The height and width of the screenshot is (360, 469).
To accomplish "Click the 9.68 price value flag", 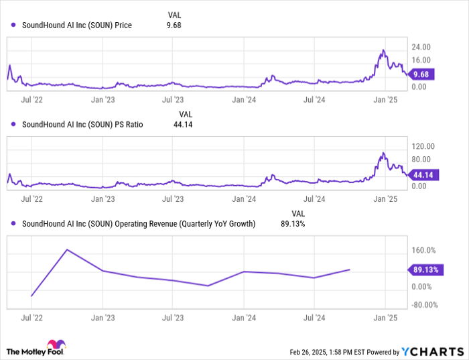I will tap(423, 74).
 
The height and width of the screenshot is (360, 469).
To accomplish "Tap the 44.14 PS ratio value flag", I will tap(423, 174).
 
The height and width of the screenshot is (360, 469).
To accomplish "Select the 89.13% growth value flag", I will tap(425, 270).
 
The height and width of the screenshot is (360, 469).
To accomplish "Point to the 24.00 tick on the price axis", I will tap(421, 47).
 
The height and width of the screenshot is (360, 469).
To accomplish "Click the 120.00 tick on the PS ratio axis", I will tap(423, 146).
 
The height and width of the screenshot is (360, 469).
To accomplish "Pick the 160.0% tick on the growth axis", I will tap(423, 251).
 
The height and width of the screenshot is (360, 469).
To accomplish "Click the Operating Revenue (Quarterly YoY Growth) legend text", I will tap(139, 223).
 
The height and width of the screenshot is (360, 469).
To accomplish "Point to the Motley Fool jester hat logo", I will tap(60, 349).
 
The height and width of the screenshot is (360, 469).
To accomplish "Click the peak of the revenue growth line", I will tap(67, 249).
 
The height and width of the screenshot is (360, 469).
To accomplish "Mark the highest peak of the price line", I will tap(383, 50).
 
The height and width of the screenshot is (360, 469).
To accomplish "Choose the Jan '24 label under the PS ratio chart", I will tap(245, 199).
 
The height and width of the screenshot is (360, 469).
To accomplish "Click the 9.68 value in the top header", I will tap(174, 25).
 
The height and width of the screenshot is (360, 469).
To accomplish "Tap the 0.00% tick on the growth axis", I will tap(424, 287).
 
